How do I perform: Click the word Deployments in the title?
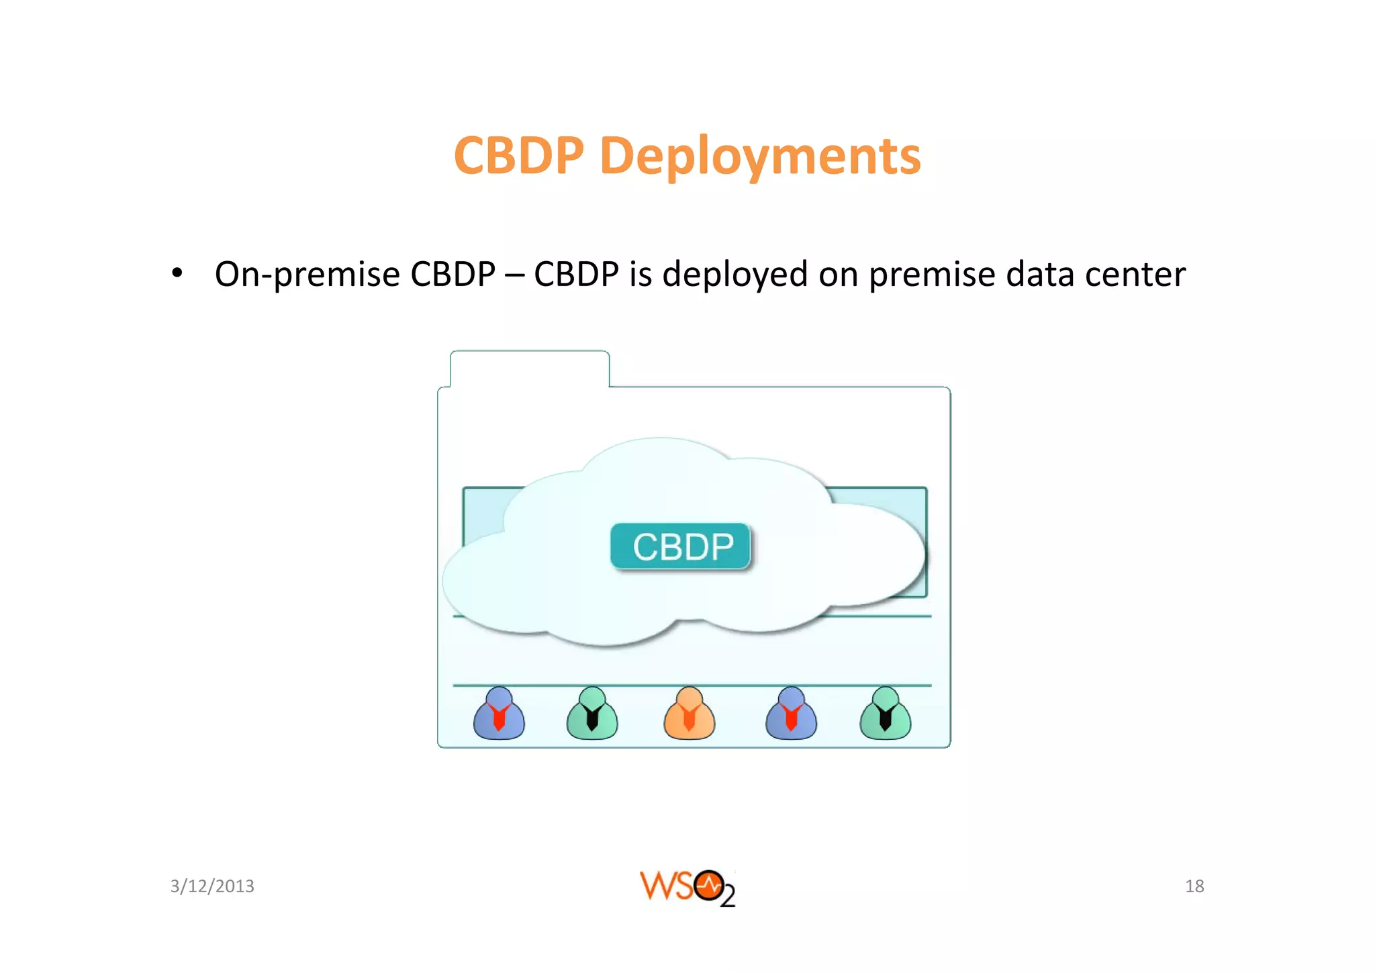[x=760, y=156]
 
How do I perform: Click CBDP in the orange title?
[x=519, y=156]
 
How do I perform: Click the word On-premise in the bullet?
[x=307, y=275]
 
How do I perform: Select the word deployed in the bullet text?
[x=734, y=275]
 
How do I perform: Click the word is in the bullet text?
[x=641, y=275]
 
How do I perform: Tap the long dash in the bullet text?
[x=514, y=275]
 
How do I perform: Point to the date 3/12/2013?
[x=212, y=886]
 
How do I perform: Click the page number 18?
[x=1194, y=886]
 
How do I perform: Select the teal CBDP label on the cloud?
[x=680, y=546]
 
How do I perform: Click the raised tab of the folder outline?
[x=530, y=369]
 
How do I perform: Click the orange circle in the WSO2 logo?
[x=708, y=885]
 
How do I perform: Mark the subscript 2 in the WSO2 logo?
[x=728, y=897]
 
